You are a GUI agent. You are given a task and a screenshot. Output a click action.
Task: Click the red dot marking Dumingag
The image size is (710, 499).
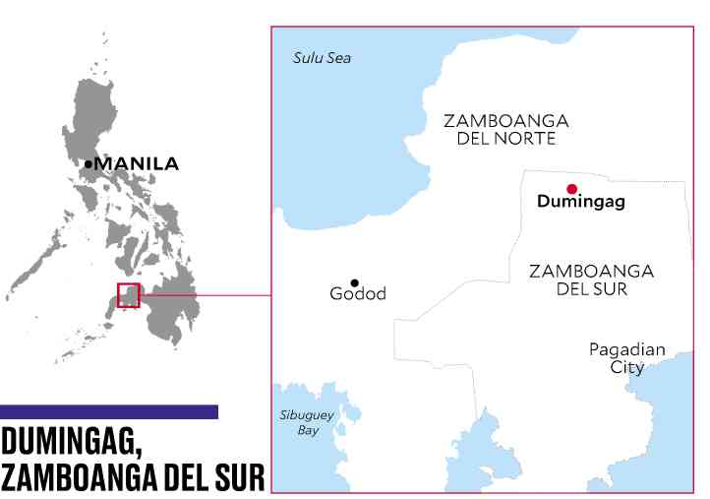pyautogui.click(x=571, y=189)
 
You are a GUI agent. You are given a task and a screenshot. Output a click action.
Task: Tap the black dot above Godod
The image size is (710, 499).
pyautogui.click(x=354, y=282)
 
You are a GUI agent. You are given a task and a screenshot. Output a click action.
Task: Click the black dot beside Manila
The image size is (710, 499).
pyautogui.click(x=89, y=163)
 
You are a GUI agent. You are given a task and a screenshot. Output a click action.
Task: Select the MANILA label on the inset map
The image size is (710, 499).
pyautogui.click(x=136, y=164)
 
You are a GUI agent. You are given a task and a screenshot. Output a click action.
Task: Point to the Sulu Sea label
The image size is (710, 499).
pyautogui.click(x=322, y=58)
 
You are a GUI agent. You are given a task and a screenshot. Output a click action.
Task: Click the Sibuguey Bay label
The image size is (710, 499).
pyautogui.click(x=308, y=422)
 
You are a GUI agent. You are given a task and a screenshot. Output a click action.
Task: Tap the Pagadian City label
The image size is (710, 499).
pyautogui.click(x=627, y=358)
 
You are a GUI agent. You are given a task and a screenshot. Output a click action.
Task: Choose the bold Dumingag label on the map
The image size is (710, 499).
pyautogui.click(x=581, y=203)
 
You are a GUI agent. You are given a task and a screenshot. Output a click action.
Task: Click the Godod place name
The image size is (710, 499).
pyautogui.click(x=358, y=294)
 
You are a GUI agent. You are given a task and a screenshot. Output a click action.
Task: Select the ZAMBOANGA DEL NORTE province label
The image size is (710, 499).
pyautogui.click(x=505, y=129)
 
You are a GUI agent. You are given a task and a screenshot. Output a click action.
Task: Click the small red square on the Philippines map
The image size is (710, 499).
pyautogui.click(x=129, y=295)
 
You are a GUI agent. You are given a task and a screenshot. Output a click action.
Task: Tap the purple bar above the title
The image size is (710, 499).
pyautogui.click(x=109, y=411)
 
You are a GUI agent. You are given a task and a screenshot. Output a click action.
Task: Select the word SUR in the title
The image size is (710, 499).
pyautogui.click(x=237, y=477)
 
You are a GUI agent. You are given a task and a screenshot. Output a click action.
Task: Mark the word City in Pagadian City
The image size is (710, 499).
pyautogui.click(x=627, y=367)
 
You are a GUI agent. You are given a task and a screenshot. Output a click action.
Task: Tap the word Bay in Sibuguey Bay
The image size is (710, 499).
pyautogui.click(x=308, y=430)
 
